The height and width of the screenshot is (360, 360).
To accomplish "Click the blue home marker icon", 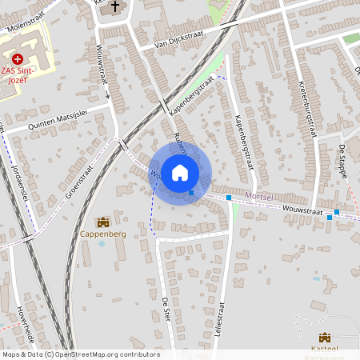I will (180, 172).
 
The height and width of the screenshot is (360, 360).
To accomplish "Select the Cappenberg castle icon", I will (102, 222).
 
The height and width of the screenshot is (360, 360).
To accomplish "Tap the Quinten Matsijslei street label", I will (56, 119).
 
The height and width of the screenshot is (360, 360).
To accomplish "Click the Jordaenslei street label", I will (20, 172).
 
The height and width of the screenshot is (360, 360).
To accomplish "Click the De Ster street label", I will (166, 306).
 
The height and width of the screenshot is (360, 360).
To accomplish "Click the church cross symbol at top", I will (115, 7).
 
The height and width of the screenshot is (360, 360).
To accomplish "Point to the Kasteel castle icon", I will (325, 338).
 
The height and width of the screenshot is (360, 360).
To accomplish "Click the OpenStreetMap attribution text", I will (81, 354).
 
